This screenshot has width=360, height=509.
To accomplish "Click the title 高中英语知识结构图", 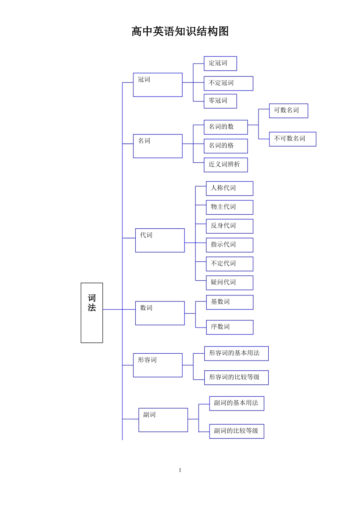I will pyautogui.click(x=180, y=31).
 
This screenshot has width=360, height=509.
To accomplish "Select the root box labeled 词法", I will pyautogui.click(x=92, y=312).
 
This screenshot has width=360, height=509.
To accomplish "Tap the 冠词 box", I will pyautogui.click(x=158, y=85).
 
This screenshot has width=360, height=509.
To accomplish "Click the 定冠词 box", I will pyautogui.click(x=220, y=64).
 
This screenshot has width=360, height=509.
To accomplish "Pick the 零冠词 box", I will pyautogui.click(x=220, y=101).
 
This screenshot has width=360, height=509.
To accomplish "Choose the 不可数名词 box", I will pyautogui.click(x=293, y=139).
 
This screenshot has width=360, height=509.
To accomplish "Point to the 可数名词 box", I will pyautogui.click(x=288, y=111).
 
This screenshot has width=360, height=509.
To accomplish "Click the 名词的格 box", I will pyautogui.click(x=225, y=146).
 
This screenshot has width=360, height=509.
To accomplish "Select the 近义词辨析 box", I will pyautogui.click(x=225, y=165).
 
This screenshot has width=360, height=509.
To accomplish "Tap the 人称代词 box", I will pyautogui.click(x=229, y=188).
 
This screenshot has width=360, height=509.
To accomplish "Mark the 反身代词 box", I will pyautogui.click(x=229, y=226).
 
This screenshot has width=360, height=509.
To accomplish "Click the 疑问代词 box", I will pyautogui.click(x=229, y=283).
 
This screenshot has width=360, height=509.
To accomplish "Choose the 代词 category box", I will pyautogui.click(x=160, y=240).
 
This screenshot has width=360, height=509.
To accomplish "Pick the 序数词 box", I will pyautogui.click(x=229, y=327).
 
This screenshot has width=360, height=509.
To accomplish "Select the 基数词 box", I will pyautogui.click(x=229, y=302).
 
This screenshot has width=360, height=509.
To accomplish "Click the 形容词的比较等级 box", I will pyautogui.click(x=236, y=378).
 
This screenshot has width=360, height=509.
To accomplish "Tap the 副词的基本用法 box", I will pyautogui.click(x=236, y=403).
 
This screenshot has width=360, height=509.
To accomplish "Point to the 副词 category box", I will pyautogui.click(x=163, y=420).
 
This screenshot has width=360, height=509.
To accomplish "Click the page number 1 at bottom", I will pyautogui.click(x=180, y=470).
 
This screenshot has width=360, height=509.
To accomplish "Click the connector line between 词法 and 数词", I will pyautogui.click(x=113, y=309).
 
